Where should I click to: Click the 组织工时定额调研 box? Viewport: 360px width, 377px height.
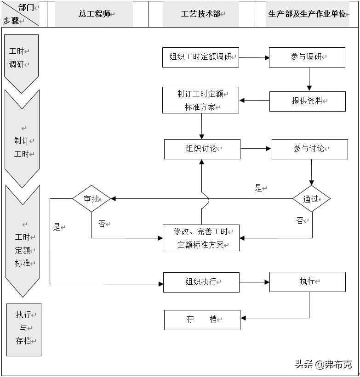coord(200,57)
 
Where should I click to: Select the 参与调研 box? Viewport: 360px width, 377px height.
coord(307,57)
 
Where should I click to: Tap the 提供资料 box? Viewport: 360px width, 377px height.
coord(307,101)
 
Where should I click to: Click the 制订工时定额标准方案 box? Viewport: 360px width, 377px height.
coord(200,100)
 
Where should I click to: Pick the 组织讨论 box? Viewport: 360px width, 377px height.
coord(202,149)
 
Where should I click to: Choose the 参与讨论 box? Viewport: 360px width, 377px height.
coord(309,149)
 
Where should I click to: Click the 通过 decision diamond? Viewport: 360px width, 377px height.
coord(311,199)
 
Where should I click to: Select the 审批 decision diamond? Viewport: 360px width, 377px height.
coord(91,199)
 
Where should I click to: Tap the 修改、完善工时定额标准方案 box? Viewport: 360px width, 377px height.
coord(201,238)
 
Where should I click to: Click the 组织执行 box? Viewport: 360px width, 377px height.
coord(201,282)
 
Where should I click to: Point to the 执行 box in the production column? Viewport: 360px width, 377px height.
coord(307,281)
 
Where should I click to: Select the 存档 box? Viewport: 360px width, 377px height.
coord(202,320)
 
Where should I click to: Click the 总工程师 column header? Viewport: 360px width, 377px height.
coord(94,14)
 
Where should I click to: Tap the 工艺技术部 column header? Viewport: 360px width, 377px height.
coord(200,14)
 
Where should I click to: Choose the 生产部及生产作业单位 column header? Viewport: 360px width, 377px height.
coord(307,14)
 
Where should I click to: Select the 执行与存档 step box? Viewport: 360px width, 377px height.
coord(24,329)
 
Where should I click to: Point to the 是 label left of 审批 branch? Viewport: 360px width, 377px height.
coord(57,227)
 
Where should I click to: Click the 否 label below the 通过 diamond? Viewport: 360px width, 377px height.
coord(300,221)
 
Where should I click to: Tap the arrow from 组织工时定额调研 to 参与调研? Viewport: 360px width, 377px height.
coord(254,58)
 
